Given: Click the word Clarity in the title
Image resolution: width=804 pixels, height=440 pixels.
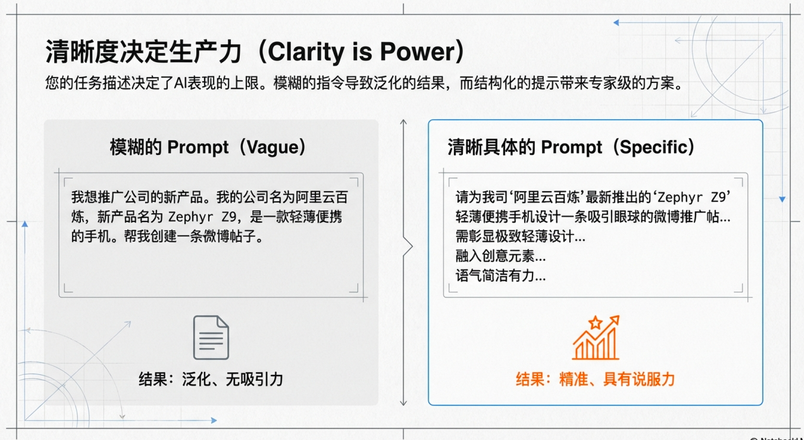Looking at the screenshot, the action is [306, 52].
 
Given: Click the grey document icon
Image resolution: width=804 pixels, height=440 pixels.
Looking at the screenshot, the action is [211, 337].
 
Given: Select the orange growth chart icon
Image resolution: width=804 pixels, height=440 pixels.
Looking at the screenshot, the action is [596, 337].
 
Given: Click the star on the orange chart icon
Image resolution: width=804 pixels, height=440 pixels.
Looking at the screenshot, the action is [595, 323].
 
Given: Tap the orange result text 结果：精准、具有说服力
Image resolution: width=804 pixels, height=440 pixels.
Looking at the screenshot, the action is [595, 379].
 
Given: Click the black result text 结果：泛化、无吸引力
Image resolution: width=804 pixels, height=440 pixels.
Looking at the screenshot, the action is [211, 379].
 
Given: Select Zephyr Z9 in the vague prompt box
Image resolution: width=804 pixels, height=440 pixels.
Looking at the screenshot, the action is [202, 217].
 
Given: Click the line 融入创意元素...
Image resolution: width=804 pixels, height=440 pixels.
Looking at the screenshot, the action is [500, 256].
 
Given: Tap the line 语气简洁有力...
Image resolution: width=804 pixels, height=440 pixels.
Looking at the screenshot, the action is [500, 276].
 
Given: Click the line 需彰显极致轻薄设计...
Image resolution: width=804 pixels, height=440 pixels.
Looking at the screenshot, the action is [520, 237].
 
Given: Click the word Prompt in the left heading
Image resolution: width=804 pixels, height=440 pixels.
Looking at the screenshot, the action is [198, 148].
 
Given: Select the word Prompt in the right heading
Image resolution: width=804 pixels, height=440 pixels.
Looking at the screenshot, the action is [571, 148].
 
